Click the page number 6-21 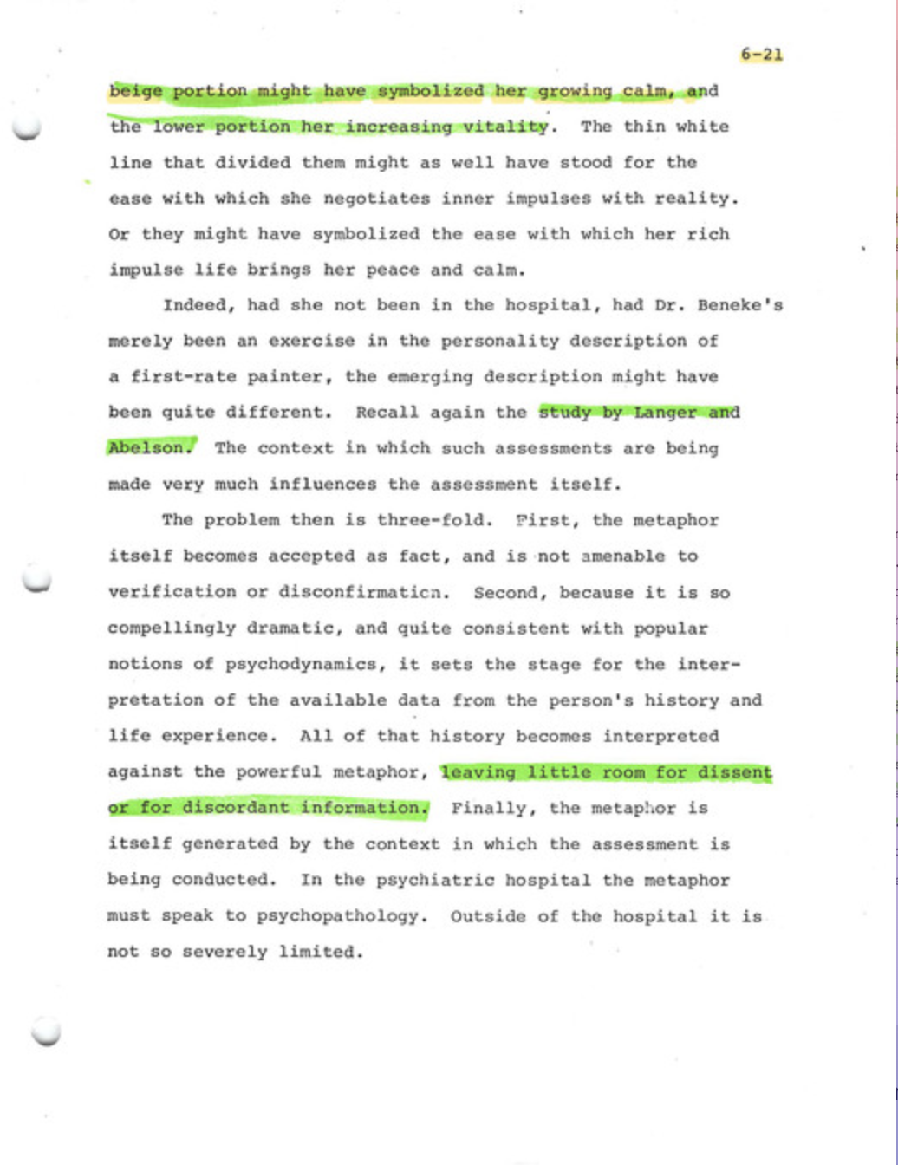(x=761, y=55)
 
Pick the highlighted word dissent (x=735, y=771)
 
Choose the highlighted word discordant (x=236, y=808)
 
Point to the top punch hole (x=27, y=127)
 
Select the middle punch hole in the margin (x=36, y=580)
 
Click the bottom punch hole (x=46, y=1032)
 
